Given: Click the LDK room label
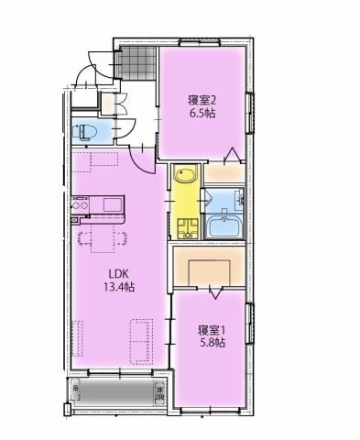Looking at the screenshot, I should coord(119,272).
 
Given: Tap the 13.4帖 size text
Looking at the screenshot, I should coord(119,287).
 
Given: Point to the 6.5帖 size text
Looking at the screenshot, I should coord(202,115).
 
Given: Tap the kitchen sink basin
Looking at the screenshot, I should coord(112,203).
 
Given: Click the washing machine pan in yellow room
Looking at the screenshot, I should coord(188,227).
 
